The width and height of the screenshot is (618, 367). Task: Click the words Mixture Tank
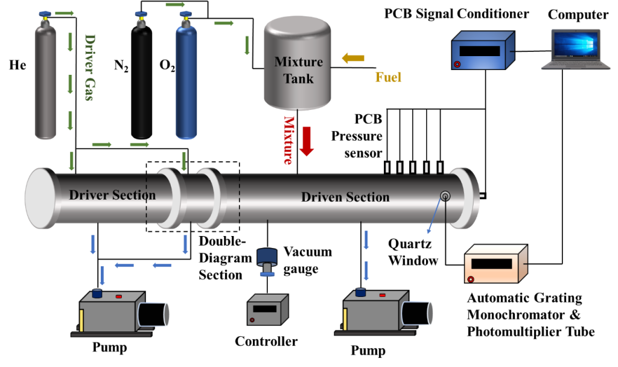point(298,70)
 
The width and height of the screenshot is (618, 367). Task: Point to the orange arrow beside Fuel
point(353,58)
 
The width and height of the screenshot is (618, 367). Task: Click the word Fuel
point(388,77)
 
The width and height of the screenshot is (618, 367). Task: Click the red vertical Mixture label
point(288,140)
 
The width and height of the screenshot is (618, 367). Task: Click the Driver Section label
point(112,196)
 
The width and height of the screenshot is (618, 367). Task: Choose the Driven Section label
point(345,197)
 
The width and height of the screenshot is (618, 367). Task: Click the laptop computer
point(576,49)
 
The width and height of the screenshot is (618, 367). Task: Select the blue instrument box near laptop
point(483,51)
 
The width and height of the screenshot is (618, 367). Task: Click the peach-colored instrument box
point(495,264)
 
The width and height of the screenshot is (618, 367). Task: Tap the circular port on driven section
point(445,196)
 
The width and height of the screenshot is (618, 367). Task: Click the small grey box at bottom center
point(267,310)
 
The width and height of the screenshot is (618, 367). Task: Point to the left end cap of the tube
point(40,198)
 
